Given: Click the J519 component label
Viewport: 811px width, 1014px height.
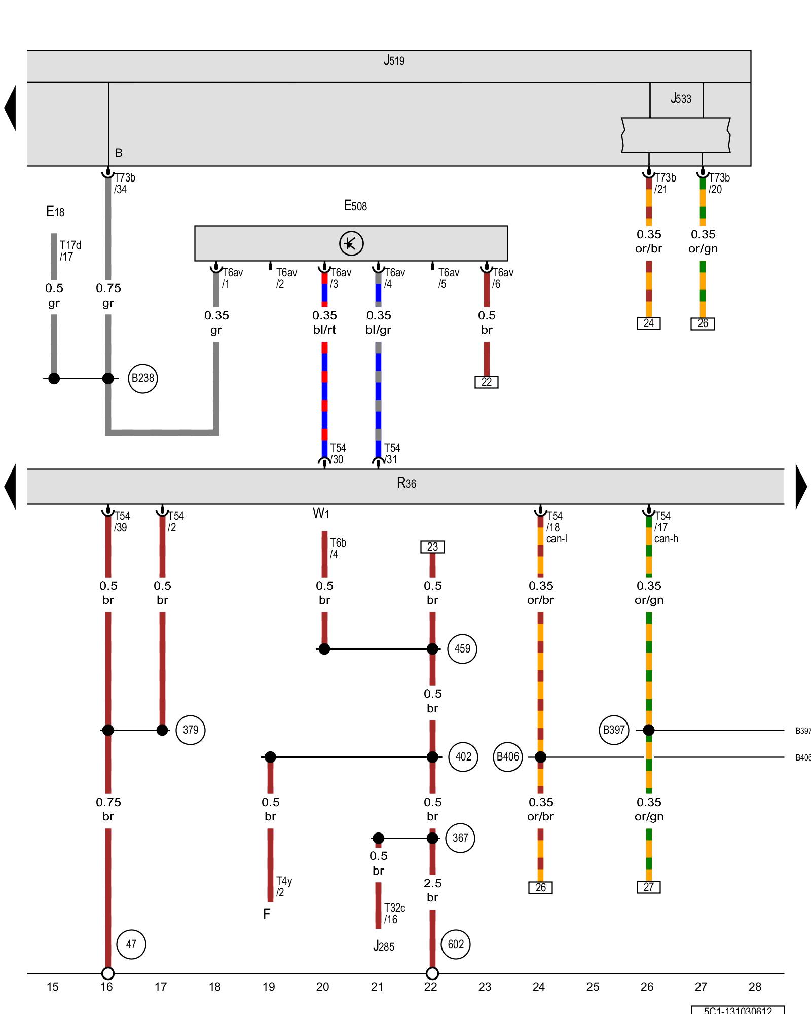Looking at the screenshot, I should (x=394, y=61).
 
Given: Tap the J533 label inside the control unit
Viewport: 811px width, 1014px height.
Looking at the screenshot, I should (x=681, y=98).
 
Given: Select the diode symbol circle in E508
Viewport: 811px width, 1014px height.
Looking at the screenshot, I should (x=351, y=243).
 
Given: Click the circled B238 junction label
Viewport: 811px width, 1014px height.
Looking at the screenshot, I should (x=143, y=378).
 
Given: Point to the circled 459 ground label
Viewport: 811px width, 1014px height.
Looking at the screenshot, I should (x=462, y=648).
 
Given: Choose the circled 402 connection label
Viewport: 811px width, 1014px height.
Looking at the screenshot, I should (x=463, y=757).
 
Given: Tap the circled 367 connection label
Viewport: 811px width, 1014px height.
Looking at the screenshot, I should (x=460, y=838).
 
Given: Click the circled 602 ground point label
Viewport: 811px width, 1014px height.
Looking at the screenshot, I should (x=456, y=944).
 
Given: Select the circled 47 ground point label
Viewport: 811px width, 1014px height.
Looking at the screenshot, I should (x=131, y=944).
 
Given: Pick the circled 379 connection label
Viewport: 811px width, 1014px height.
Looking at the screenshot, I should (x=191, y=730).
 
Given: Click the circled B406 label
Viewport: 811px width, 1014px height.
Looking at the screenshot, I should (x=508, y=757).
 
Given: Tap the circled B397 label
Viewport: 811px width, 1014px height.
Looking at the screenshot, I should (x=614, y=730).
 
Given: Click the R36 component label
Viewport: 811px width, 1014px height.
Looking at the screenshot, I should (x=407, y=483).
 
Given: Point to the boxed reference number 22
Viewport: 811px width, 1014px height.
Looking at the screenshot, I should (x=487, y=382).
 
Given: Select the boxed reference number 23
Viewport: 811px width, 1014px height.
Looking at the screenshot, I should (x=432, y=547).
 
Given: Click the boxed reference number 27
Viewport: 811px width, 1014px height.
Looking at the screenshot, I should (x=649, y=887).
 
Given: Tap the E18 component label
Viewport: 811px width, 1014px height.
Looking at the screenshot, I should (x=55, y=212).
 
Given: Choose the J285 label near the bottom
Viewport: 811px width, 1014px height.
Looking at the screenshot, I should (x=384, y=946).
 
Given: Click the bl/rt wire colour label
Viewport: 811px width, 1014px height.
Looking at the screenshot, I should (x=324, y=330).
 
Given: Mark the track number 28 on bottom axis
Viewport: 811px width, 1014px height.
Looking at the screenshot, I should (x=755, y=987).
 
